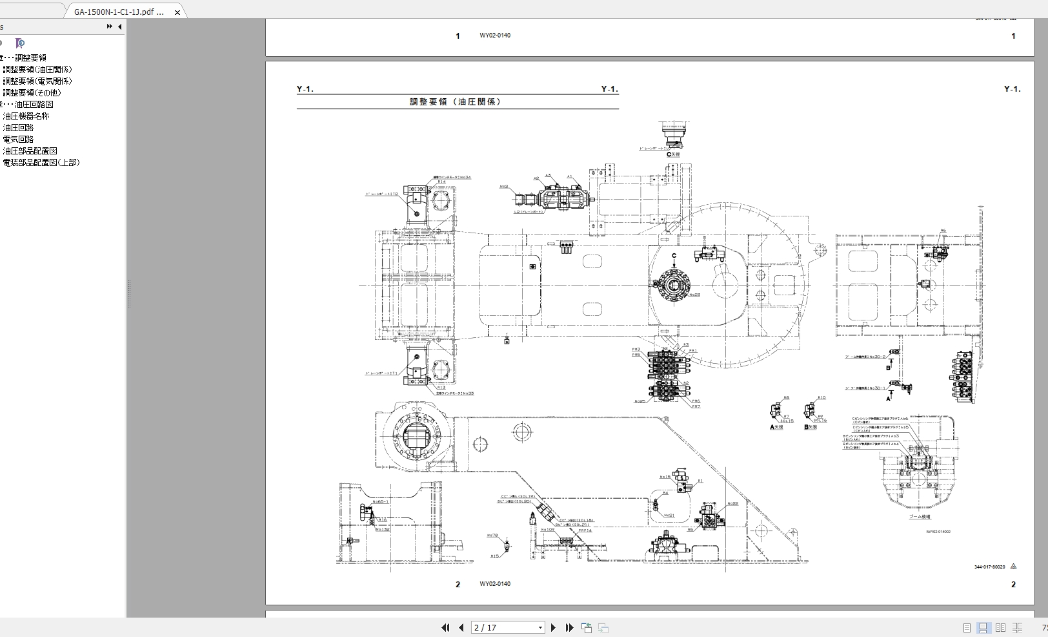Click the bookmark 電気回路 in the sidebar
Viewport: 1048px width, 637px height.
(18, 140)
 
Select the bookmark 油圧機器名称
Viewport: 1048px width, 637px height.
(26, 116)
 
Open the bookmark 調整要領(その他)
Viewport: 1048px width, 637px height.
(32, 93)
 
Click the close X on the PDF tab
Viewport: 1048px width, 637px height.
(177, 12)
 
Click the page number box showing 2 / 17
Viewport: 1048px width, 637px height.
(509, 627)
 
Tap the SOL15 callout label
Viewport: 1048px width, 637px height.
(787, 421)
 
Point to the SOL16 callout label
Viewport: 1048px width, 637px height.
(820, 421)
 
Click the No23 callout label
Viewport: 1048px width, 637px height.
(694, 295)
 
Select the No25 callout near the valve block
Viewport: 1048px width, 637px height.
(640, 401)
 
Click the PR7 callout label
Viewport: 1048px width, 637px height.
(696, 406)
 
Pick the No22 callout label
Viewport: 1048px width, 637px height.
(732, 504)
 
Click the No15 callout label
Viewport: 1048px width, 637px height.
(665, 477)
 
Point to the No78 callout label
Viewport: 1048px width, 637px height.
(492, 536)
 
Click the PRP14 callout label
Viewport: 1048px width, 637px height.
(585, 530)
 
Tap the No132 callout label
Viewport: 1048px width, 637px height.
(383, 529)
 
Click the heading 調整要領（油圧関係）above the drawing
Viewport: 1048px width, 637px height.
(457, 102)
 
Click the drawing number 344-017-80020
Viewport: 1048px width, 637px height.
(989, 567)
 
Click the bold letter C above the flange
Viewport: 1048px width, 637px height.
(674, 256)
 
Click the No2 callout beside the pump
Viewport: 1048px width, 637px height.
(504, 187)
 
